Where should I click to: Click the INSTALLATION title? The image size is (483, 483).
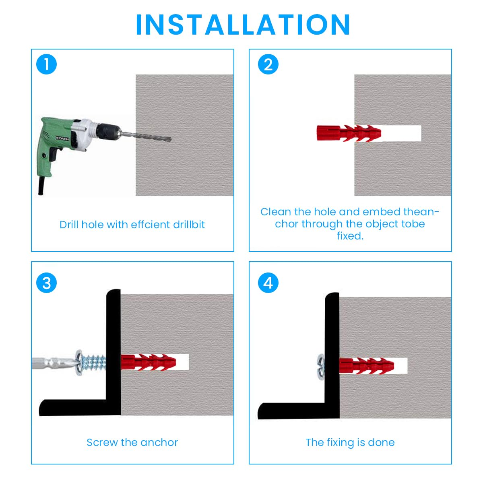tap(242, 25)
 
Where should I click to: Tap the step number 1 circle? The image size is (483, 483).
tap(46, 64)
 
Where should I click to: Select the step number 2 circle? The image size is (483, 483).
tap(268, 64)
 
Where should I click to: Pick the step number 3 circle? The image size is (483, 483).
tap(46, 283)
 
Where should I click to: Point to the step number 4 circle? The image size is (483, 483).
tap(268, 283)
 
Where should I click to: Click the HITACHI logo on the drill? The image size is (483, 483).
tap(62, 138)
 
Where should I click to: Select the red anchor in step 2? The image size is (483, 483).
tap(349, 133)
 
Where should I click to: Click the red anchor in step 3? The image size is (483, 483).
tap(149, 362)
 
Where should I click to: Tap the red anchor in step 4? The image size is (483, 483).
tap(366, 366)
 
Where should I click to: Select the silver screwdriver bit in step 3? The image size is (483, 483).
tap(54, 362)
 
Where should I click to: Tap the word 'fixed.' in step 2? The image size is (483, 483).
tap(350, 236)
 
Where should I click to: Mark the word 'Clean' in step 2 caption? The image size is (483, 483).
tap(276, 212)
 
